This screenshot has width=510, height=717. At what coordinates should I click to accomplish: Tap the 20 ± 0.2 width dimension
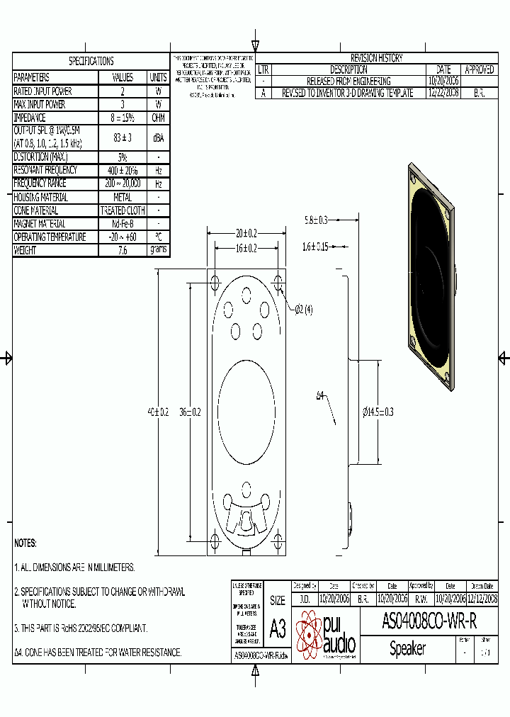click(x=246, y=232)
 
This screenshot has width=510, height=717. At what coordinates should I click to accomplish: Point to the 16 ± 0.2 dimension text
click(x=246, y=248)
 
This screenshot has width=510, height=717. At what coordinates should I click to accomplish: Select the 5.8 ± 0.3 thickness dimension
click(x=316, y=220)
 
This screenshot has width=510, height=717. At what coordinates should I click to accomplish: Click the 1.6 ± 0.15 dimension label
click(x=315, y=247)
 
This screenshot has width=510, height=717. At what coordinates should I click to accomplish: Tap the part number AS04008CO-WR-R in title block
click(x=429, y=622)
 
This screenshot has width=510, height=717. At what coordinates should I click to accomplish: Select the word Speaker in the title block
click(x=407, y=648)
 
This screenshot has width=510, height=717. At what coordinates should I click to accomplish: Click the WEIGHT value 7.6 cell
click(x=123, y=251)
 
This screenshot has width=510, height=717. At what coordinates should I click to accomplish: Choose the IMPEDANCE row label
click(x=30, y=118)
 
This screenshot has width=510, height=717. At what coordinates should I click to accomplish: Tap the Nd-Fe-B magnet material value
click(x=123, y=224)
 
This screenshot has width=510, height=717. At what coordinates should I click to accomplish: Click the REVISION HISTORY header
click(x=377, y=58)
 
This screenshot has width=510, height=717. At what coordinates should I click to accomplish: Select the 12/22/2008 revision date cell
click(x=443, y=93)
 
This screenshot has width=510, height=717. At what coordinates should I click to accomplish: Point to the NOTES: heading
click(x=25, y=543)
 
